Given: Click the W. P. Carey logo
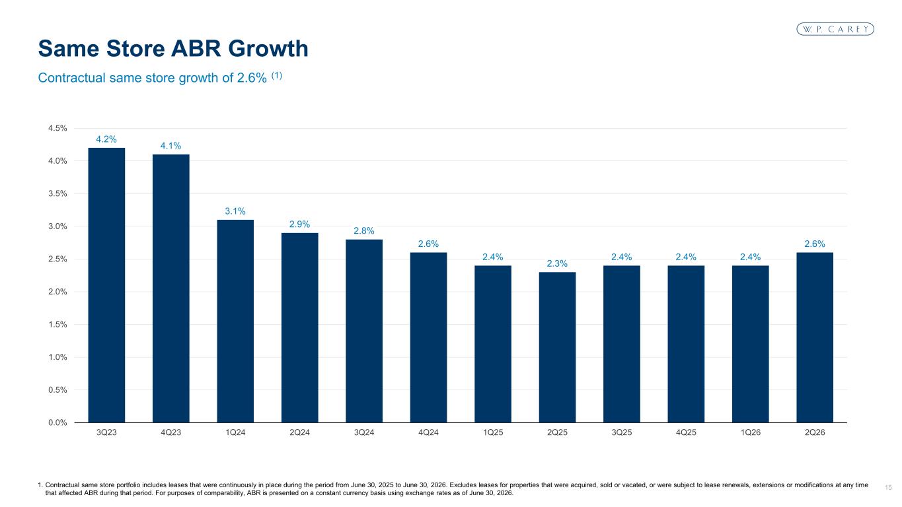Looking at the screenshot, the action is coord(835,29).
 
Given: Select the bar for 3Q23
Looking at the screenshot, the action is coord(106,285).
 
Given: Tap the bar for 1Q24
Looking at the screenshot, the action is coord(235,321).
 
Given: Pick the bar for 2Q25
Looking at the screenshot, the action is coord(557,347).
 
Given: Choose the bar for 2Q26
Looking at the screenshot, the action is coord(815,337).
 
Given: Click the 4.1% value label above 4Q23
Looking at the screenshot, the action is coord(170,146).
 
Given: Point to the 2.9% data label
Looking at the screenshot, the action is coord(299,224).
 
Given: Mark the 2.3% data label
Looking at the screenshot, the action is coord(557,263).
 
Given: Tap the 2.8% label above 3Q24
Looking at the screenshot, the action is coord(364,230).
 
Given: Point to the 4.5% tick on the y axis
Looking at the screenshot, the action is coord(57,128).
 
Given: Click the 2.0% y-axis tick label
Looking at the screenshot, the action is coord(57,292).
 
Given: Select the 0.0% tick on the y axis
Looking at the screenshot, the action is coord(57,422).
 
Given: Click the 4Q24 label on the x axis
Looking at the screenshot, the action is coord(428,432).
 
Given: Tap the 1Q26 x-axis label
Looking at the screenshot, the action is coord(751,432).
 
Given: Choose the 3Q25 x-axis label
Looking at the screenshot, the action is coord(622,432).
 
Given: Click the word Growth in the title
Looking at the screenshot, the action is coord(268,49).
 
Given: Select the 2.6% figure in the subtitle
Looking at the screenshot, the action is coord(252,78).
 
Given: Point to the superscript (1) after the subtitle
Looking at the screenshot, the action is coord(277,75).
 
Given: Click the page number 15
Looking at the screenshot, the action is coord(888,488).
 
